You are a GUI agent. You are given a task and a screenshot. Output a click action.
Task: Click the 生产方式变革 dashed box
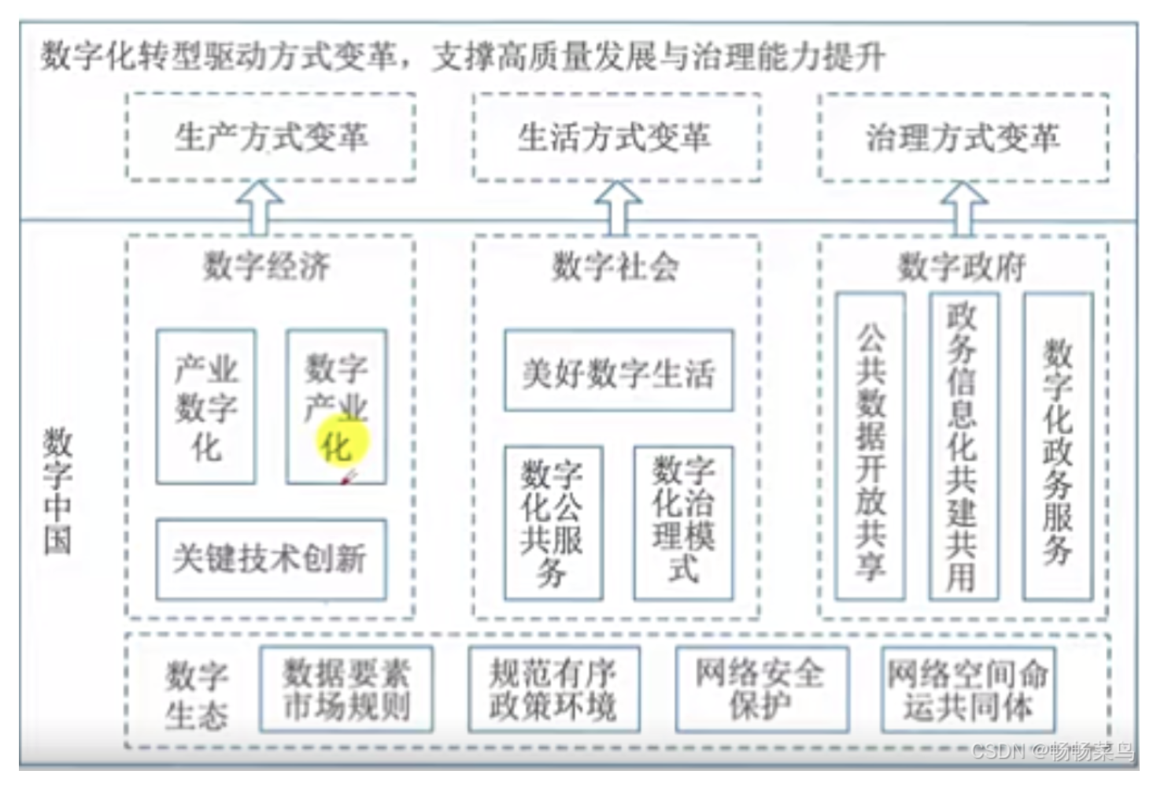271,138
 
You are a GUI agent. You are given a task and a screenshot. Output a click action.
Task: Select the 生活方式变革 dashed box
616,138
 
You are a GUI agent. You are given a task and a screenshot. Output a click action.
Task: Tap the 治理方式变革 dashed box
963,138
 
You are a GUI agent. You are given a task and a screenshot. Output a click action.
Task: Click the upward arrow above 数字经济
260,208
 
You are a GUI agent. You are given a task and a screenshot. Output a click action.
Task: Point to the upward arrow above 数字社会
618,208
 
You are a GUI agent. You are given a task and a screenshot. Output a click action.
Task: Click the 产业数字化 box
206,407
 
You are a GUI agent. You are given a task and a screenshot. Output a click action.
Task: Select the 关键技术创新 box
271,559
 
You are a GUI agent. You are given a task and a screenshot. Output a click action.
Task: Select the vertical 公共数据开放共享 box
870,446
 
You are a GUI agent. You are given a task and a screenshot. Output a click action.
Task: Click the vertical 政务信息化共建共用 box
963,446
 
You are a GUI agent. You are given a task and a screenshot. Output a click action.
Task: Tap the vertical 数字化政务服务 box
1058,446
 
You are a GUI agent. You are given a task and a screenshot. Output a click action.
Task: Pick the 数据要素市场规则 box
346,690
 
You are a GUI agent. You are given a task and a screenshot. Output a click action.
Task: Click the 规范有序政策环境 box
553,690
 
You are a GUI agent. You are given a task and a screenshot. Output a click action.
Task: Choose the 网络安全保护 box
761,690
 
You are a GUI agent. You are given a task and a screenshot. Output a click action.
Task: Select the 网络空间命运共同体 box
968,690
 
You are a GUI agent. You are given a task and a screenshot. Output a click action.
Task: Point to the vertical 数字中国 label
57,491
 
